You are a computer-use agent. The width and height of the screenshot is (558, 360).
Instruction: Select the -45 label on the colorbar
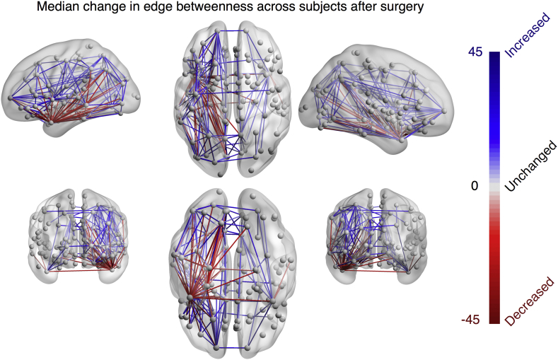(x=471, y=319)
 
